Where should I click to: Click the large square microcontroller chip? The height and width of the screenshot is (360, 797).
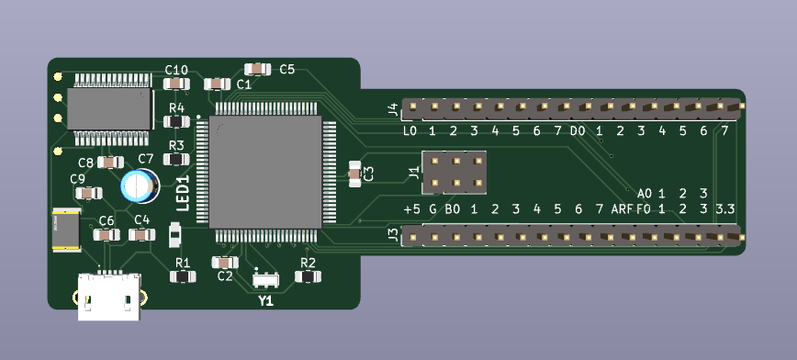point(265,172)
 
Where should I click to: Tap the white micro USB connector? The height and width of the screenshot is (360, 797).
point(109,297)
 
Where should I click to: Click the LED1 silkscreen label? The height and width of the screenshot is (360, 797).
point(183,193)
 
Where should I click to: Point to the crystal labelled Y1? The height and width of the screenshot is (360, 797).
point(266,279)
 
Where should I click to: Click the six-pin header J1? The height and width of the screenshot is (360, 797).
point(455,173)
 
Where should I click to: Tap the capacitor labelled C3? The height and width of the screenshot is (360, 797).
point(354,174)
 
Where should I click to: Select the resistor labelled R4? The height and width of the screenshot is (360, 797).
point(176,121)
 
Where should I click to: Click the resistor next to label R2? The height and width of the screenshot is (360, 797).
point(308,276)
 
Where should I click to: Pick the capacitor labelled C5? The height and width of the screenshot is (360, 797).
point(258,69)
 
